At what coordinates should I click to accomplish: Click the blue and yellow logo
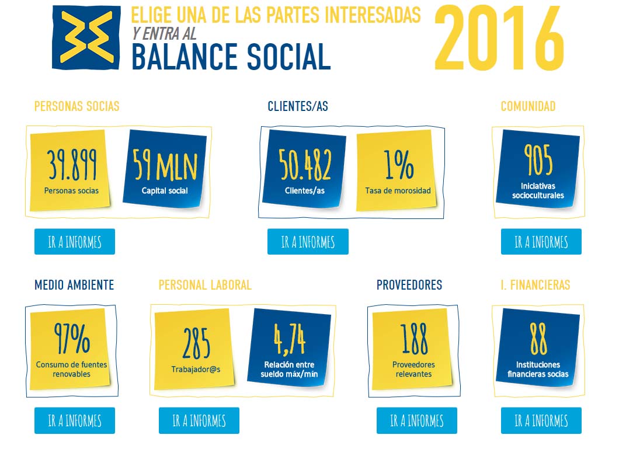coord(86,37)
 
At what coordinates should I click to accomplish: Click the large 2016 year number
coord(499,39)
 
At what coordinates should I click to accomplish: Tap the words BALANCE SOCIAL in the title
coord(231,57)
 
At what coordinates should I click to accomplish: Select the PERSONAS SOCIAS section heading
coord(76,106)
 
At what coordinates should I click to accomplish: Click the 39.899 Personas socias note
coord(70,170)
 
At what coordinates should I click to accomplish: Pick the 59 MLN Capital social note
coord(165,169)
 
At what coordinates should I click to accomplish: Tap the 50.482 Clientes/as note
coord(304,169)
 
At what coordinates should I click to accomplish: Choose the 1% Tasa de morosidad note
coord(397,170)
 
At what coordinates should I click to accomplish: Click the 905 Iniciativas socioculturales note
coord(538,169)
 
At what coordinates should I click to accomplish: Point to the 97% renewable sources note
coord(70,349)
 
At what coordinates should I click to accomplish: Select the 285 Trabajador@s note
coord(194,349)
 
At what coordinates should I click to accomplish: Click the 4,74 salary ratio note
coord(289,347)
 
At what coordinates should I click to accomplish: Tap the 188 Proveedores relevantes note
coord(412,349)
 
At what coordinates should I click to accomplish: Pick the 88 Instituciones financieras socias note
coord(538,347)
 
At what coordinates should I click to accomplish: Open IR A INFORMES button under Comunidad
coord(541,242)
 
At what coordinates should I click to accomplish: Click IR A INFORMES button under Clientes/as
coord(308,242)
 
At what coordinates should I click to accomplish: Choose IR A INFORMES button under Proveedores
coord(417,420)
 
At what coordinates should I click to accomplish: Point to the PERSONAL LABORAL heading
coord(205,285)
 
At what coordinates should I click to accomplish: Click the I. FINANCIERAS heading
coord(535,285)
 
